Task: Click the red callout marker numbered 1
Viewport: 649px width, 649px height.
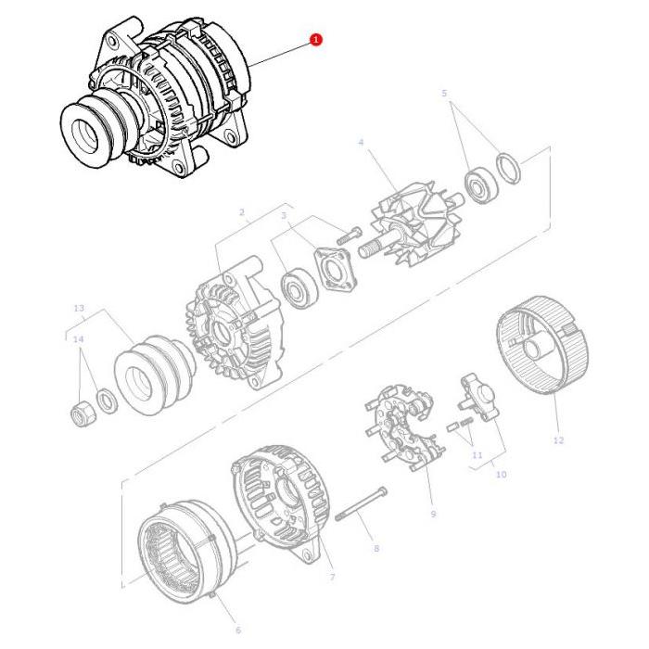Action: point(315,40)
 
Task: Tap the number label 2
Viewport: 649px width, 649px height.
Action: point(242,212)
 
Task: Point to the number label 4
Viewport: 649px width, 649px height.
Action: point(361,141)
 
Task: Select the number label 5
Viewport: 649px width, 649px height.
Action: point(443,94)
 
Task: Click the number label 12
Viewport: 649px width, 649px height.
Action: point(557,440)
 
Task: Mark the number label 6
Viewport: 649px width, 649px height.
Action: point(236,630)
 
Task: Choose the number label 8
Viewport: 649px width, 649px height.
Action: point(375,549)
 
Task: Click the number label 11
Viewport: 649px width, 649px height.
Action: point(477,455)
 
